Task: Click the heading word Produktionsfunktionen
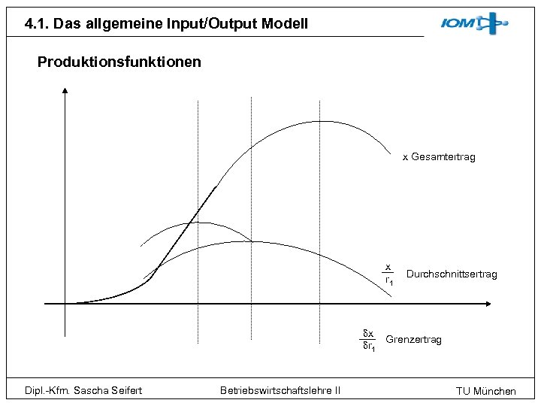click(119, 62)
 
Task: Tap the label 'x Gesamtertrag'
click(439, 157)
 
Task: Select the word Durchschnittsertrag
click(452, 274)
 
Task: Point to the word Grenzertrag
click(413, 340)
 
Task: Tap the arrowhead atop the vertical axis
click(65, 92)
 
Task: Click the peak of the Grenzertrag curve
click(197, 223)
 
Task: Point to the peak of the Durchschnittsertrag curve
click(250, 241)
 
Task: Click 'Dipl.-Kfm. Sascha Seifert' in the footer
click(83, 389)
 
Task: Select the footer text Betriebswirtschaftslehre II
click(280, 389)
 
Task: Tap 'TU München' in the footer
click(486, 391)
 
